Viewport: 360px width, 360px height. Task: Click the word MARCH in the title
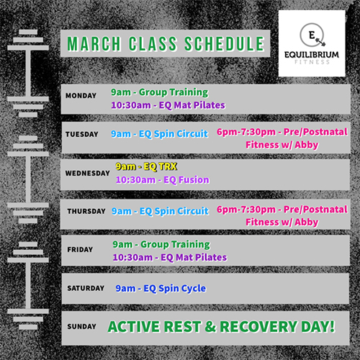pos(94,44)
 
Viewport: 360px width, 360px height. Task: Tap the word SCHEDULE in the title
pos(225,44)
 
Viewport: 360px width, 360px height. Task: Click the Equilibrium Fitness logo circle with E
pos(312,35)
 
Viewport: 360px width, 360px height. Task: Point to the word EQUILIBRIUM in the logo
pos(312,55)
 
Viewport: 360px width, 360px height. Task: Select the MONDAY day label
pos(81,96)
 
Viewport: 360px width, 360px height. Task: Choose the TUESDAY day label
pos(82,134)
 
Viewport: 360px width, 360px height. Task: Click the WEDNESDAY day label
pos(87,173)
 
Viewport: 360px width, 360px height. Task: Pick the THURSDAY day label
pos(86,211)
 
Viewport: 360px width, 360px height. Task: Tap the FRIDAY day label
pos(80,250)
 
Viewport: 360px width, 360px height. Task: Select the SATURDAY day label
pos(86,288)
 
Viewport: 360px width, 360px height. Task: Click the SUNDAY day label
pos(81,326)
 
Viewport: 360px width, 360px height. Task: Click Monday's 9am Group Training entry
pos(160,92)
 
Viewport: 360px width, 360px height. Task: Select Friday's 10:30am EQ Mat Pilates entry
pos(170,257)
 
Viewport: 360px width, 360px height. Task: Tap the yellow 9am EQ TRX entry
pos(146,166)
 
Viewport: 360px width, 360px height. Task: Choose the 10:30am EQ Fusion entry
pos(163,180)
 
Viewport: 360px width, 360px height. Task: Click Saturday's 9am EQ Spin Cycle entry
pos(161,288)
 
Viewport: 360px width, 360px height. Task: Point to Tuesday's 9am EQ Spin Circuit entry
pos(159,134)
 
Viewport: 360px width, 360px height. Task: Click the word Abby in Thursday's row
pos(307,222)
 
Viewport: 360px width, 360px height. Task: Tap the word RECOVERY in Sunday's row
pos(258,327)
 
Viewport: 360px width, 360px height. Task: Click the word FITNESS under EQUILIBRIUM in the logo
pos(312,62)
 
